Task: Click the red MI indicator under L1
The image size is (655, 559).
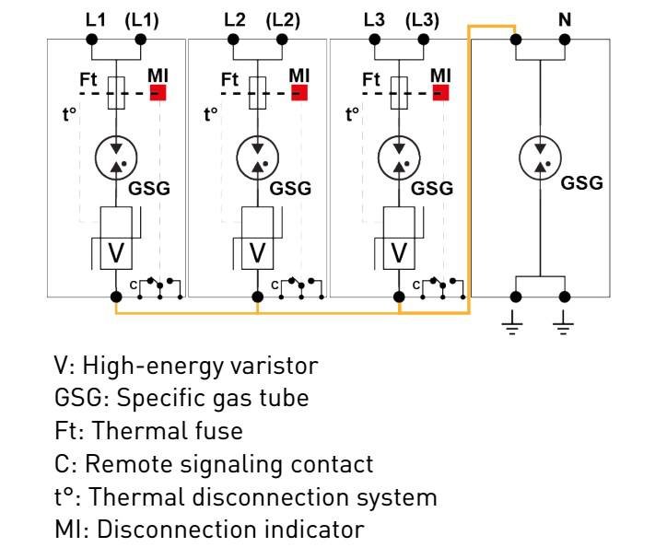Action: click(158, 93)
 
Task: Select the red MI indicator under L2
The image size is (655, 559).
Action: click(299, 93)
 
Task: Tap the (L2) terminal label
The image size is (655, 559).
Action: click(283, 19)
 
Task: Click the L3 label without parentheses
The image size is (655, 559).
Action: click(374, 19)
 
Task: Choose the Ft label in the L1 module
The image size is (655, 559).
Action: click(88, 80)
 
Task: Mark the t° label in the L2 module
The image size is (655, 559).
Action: click(210, 115)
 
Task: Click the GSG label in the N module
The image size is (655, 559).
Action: click(582, 182)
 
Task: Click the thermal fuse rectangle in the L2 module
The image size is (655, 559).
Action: click(257, 93)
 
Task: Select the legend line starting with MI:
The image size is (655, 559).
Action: click(209, 530)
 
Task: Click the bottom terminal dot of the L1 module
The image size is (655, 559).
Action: click(116, 297)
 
